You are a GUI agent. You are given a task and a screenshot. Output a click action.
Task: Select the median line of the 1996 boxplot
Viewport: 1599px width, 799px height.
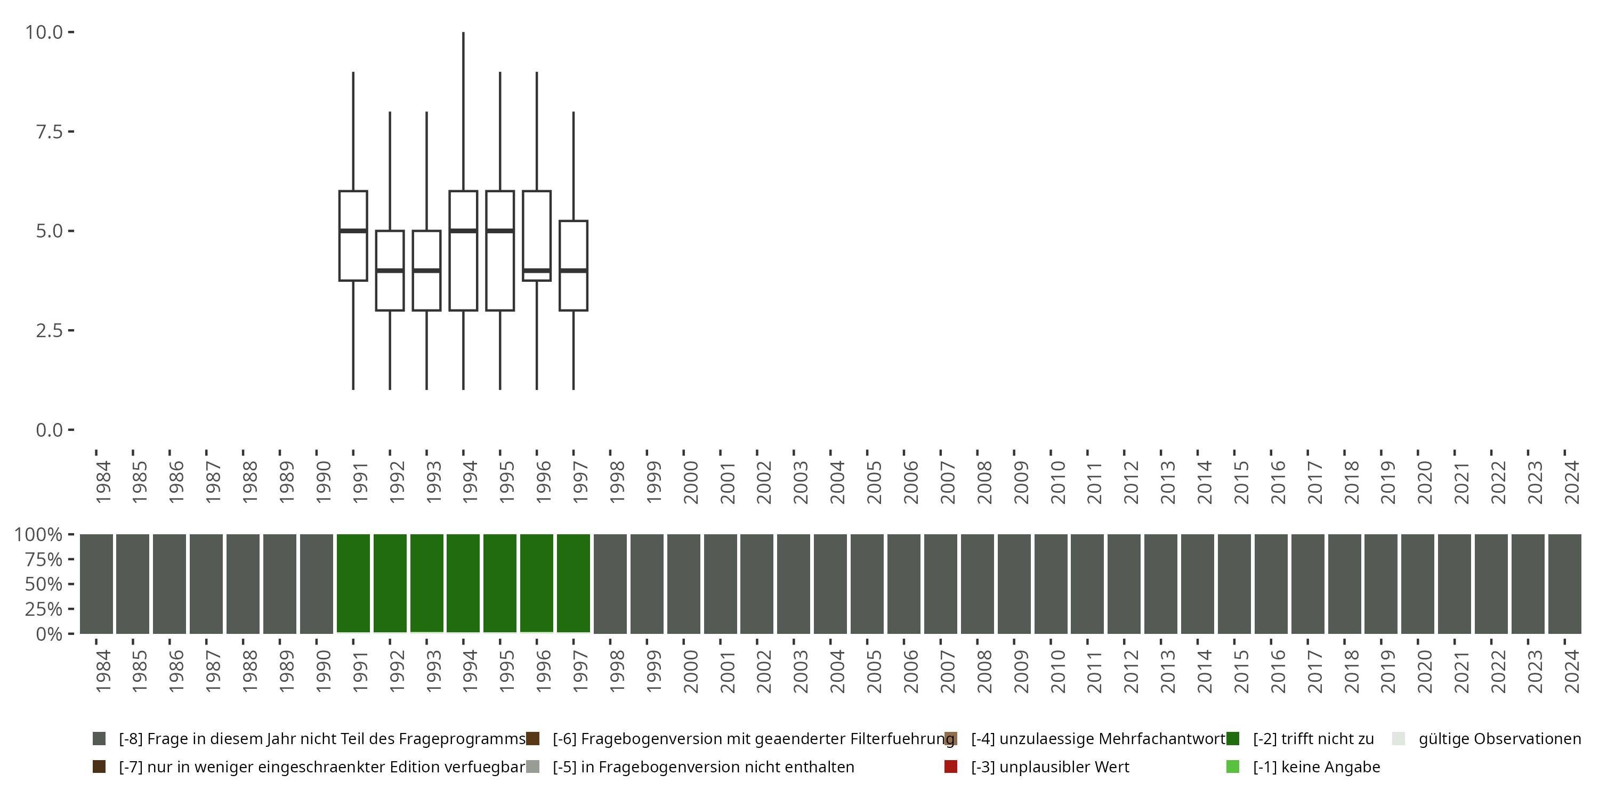537,271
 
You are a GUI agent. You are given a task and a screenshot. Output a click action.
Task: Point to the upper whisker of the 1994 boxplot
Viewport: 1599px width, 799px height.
464,112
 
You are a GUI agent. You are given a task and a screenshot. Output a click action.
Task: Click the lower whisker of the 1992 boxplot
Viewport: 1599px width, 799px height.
390,350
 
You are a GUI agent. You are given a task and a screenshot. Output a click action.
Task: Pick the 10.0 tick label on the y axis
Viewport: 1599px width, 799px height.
44,32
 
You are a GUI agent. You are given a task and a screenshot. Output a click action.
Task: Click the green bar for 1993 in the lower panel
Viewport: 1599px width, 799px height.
427,583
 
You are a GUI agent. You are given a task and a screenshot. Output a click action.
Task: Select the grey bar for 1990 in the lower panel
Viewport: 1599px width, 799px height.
317,583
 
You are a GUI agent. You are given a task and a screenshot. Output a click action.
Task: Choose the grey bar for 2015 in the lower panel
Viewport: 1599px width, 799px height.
1234,583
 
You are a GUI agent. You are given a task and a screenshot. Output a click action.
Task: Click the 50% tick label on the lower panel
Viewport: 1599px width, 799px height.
44,584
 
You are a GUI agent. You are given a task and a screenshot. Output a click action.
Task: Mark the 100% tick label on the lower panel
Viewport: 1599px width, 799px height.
38,535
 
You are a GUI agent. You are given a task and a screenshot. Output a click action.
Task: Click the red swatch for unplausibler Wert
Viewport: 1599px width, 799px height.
950,767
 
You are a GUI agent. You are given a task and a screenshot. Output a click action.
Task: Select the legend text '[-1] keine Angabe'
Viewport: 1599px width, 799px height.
1316,767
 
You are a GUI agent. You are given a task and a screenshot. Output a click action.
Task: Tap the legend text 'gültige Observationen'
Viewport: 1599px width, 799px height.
1499,739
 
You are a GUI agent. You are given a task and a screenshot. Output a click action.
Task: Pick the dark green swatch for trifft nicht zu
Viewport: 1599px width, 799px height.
1233,739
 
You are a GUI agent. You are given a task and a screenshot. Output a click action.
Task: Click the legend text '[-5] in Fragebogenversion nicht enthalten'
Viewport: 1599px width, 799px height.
703,767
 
